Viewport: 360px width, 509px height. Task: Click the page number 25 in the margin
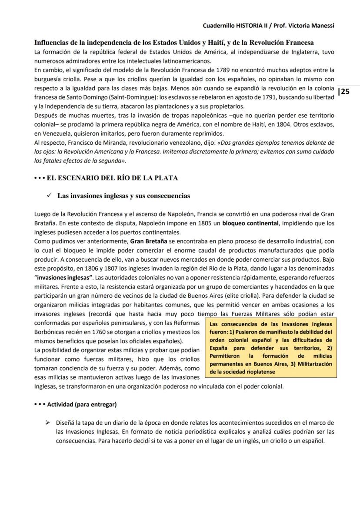tap(345, 91)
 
